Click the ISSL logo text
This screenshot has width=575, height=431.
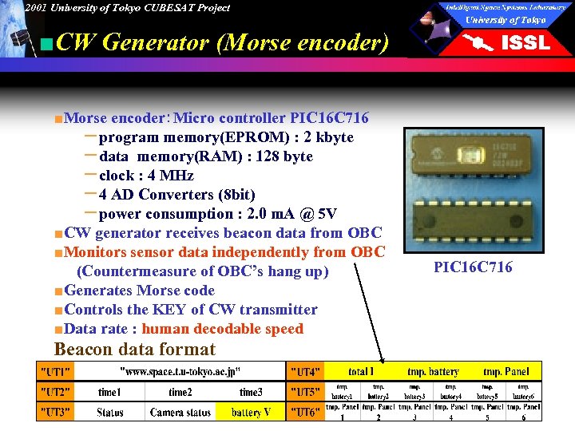(x=525, y=43)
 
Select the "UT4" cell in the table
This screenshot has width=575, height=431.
(x=305, y=371)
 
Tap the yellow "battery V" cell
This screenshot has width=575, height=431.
(x=250, y=412)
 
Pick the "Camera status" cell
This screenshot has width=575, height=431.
(x=180, y=412)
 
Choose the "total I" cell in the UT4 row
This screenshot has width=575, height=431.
(x=361, y=371)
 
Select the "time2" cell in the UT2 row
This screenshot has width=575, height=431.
(x=180, y=392)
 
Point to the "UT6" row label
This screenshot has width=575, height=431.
(x=305, y=412)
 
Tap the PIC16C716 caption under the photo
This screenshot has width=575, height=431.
(x=473, y=267)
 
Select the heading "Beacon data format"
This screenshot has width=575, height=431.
(x=135, y=350)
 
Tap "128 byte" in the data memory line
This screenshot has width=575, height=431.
(x=285, y=156)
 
